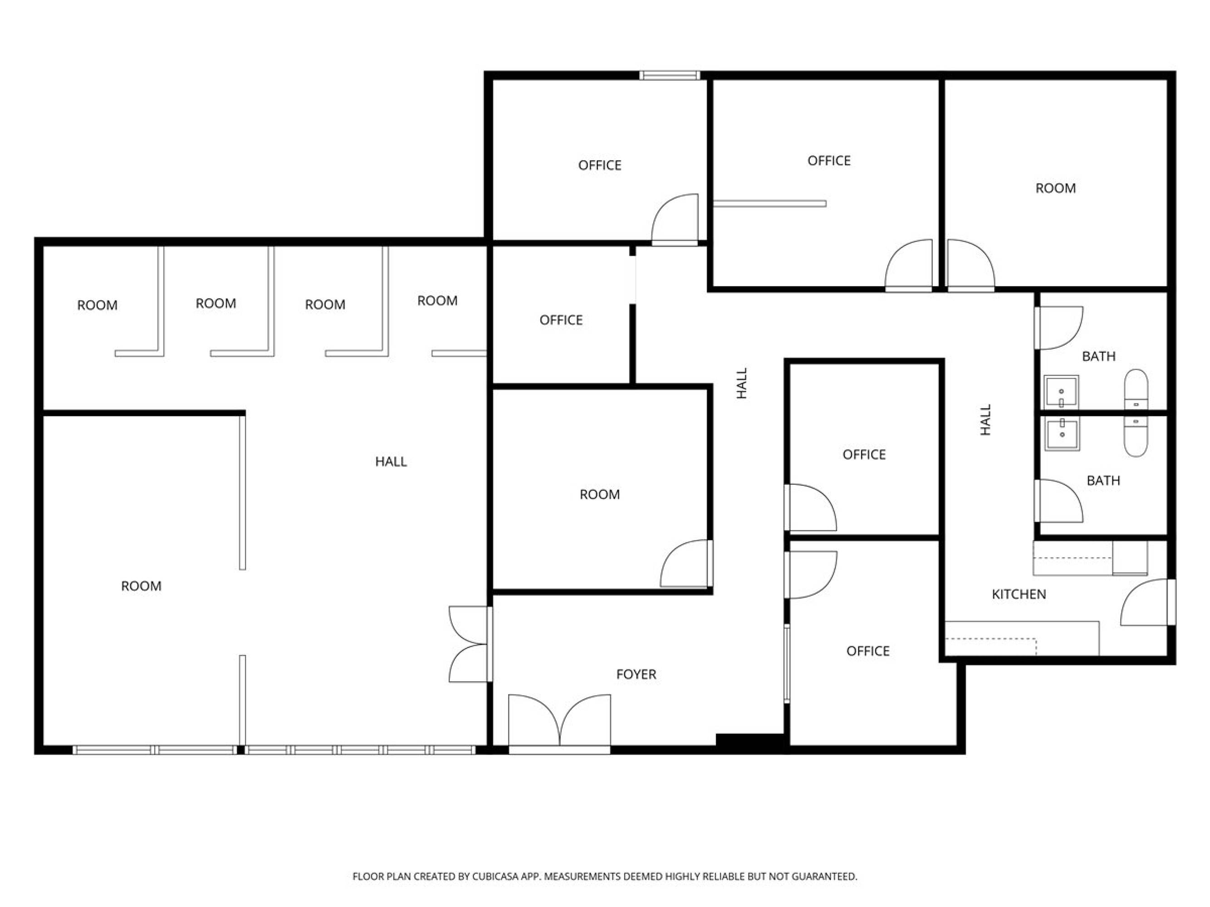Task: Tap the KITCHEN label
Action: [x=1019, y=594]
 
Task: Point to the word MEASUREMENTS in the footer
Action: [x=583, y=876]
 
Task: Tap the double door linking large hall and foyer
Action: [x=469, y=644]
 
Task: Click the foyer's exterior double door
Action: [x=559, y=723]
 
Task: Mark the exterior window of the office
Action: [x=670, y=75]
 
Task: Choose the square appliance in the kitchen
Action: [x=1130, y=558]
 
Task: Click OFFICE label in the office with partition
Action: [x=829, y=161]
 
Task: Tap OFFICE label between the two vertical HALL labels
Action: [x=864, y=454]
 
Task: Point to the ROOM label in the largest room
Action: [x=141, y=586]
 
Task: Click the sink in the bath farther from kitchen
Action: [x=1061, y=392]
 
